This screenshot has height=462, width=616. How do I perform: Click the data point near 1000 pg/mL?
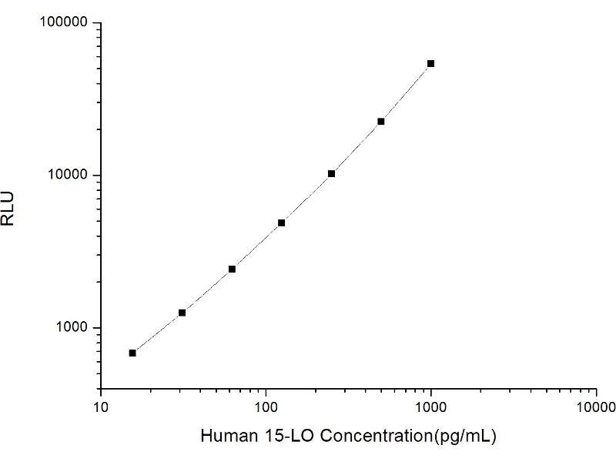(430, 63)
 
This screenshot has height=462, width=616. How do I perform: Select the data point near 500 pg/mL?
(380, 121)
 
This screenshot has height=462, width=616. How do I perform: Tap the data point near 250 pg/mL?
(331, 173)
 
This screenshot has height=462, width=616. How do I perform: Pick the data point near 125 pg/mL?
(281, 223)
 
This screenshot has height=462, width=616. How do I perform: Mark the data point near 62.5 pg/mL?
(232, 269)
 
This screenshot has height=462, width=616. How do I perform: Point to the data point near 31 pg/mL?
(182, 313)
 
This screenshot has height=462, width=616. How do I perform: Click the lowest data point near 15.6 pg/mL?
(132, 353)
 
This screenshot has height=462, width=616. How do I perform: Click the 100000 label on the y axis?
(65, 23)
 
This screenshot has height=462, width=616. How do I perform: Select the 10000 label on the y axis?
(69, 176)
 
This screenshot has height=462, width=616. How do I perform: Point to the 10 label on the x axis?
(101, 404)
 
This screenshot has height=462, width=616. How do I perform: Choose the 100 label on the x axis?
(266, 404)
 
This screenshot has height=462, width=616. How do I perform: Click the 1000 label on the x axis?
(431, 404)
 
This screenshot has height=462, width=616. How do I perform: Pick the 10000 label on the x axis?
(595, 404)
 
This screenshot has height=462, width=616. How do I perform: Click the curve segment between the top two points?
(406, 93)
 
